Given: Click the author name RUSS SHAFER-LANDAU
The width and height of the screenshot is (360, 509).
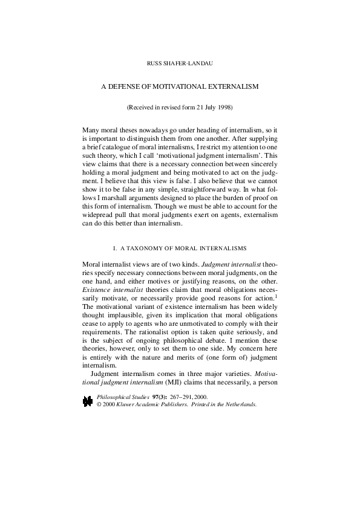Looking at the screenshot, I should coord(179,63).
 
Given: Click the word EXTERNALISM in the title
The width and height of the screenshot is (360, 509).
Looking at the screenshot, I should coord(232,86).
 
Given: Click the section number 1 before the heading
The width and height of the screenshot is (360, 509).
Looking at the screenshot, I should coord(114,248).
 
